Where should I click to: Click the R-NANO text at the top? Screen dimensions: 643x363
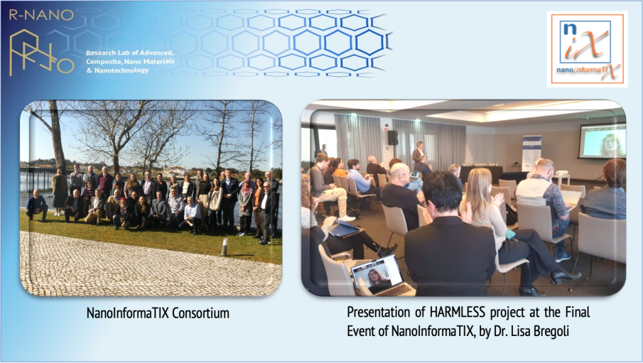[41, 15]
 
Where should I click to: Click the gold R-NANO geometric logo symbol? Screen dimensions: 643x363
[41, 53]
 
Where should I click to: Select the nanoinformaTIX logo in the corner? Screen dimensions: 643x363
[587, 49]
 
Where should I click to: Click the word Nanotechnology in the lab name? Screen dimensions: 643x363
[122, 70]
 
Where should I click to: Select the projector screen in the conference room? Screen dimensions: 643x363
[602, 140]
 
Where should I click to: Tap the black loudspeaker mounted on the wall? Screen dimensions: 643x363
[392, 138]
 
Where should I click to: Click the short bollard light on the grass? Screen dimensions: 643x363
[224, 247]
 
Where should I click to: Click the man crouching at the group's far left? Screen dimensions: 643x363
[36, 205]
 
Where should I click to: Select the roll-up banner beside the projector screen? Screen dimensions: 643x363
[531, 153]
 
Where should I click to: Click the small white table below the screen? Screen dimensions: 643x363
[560, 178]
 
